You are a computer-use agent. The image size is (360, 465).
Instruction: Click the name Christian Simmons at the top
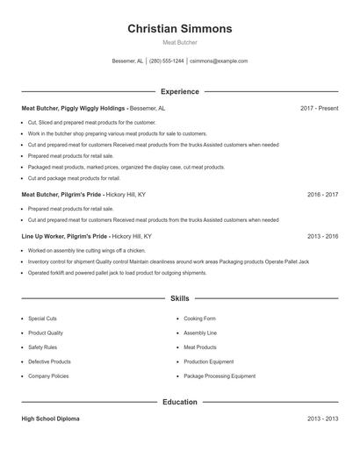click(180, 28)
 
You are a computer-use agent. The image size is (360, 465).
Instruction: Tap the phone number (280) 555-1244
click(167, 61)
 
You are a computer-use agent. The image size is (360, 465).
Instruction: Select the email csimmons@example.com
click(219, 61)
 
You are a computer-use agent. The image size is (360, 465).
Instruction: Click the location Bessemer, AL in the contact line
click(127, 61)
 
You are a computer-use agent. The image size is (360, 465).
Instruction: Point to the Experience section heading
click(180, 91)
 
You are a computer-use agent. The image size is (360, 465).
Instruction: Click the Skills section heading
click(180, 299)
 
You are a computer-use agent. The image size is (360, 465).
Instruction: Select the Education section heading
click(180, 402)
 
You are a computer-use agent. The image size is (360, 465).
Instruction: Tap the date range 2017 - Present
click(319, 108)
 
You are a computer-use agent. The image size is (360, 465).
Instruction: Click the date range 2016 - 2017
click(322, 194)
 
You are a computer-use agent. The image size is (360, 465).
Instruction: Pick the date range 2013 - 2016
click(322, 236)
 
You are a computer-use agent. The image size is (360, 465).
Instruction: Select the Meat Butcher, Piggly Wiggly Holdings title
click(75, 108)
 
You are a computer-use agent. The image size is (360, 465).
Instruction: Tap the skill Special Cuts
click(42, 318)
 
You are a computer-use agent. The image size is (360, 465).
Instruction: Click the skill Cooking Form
click(199, 318)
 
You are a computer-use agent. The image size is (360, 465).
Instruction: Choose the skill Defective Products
click(49, 361)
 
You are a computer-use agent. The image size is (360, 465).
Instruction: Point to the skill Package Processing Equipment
click(220, 376)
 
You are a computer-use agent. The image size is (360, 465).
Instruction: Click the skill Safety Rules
click(42, 347)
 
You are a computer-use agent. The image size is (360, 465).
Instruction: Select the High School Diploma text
click(50, 418)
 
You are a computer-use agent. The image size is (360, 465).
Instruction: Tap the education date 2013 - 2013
click(322, 418)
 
